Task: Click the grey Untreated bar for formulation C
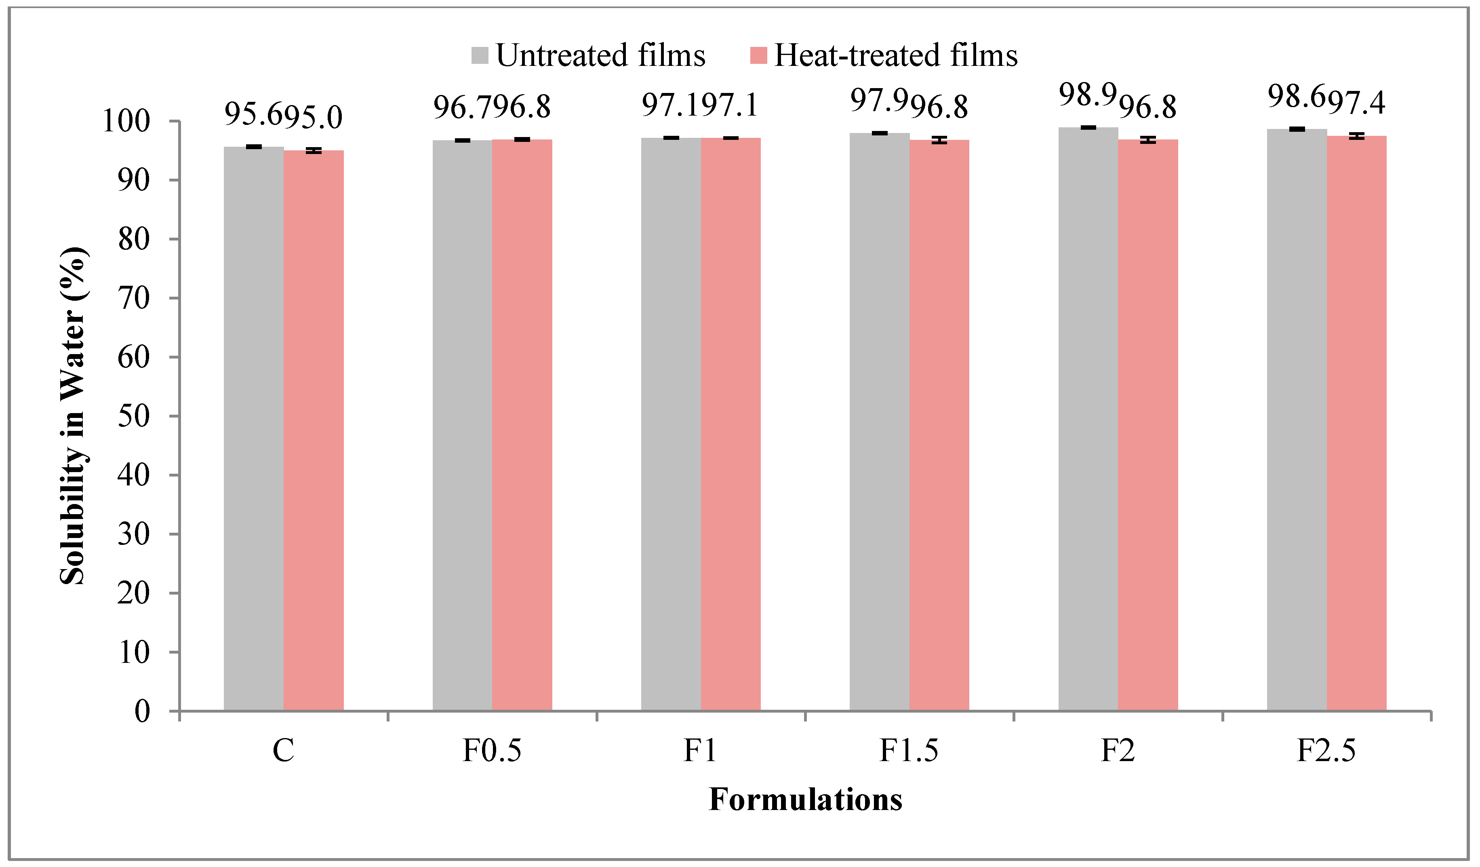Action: point(254,429)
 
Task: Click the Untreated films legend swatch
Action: point(480,56)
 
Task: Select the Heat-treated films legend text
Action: point(896,56)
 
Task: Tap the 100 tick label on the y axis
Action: point(126,122)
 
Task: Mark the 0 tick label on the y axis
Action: point(142,712)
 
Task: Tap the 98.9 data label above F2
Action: point(1087,95)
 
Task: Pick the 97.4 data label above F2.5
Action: point(1357,102)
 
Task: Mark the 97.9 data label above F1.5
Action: point(879,100)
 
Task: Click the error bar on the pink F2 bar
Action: point(1148,140)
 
